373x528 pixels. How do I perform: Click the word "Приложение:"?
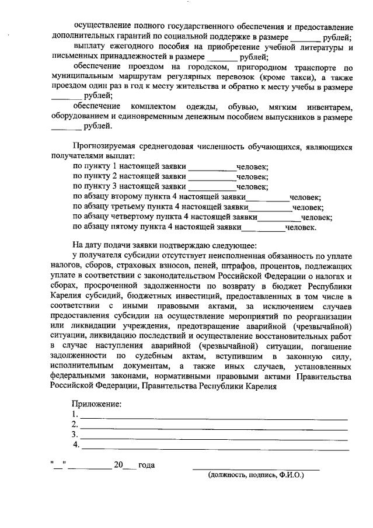tap(96, 404)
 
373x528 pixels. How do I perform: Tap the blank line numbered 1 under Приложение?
tap(214, 418)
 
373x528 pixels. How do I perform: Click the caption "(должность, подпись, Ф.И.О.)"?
tap(256, 475)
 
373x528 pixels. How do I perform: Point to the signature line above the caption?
tap(256, 468)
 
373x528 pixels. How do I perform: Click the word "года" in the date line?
tap(147, 466)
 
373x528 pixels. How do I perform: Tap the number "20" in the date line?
tap(118, 466)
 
